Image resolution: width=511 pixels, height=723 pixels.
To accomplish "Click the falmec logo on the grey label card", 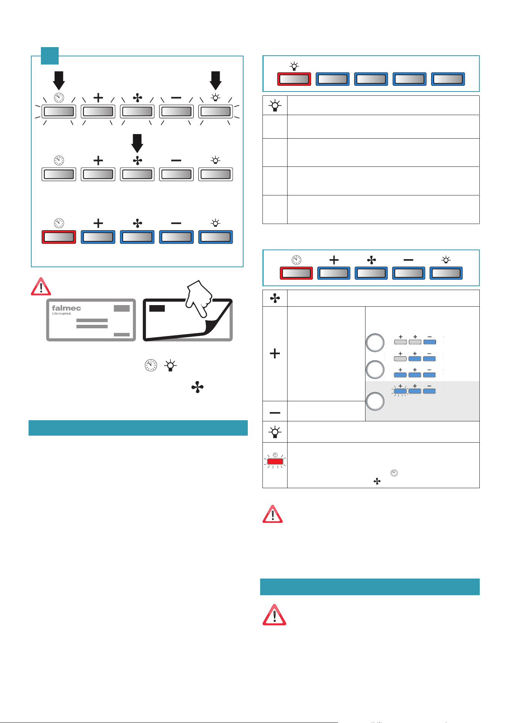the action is [x=66, y=308].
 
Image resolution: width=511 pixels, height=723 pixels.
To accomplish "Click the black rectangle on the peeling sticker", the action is [x=157, y=308].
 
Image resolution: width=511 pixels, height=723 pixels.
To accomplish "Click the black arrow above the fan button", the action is [x=137, y=143].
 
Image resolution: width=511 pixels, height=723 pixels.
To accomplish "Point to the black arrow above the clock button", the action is [x=59, y=81].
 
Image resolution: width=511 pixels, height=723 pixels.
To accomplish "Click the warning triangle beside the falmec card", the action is [x=41, y=286].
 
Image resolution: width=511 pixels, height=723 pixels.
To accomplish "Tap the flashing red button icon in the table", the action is [x=275, y=460].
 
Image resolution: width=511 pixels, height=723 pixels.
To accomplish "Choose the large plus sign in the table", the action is [x=275, y=353].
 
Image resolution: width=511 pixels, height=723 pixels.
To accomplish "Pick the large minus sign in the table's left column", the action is [x=275, y=413].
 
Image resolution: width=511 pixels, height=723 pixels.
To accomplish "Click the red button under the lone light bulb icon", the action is [x=294, y=79].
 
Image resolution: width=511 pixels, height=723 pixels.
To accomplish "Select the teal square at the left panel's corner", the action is [x=50, y=56].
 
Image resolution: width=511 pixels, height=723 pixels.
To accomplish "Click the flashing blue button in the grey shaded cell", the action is [x=400, y=391].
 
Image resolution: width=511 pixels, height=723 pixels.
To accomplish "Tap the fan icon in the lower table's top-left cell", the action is [x=275, y=298].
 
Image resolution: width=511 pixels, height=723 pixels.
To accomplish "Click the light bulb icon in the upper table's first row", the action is [x=275, y=105].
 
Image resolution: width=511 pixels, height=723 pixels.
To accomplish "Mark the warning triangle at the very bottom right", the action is [x=274, y=615].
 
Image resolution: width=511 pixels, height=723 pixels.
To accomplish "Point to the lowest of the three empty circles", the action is [x=375, y=401].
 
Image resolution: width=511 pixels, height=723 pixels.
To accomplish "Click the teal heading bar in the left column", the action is [x=138, y=428].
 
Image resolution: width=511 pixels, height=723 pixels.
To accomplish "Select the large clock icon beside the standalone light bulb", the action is [x=151, y=365].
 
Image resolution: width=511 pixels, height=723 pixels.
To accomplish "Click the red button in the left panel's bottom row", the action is [x=59, y=237].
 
